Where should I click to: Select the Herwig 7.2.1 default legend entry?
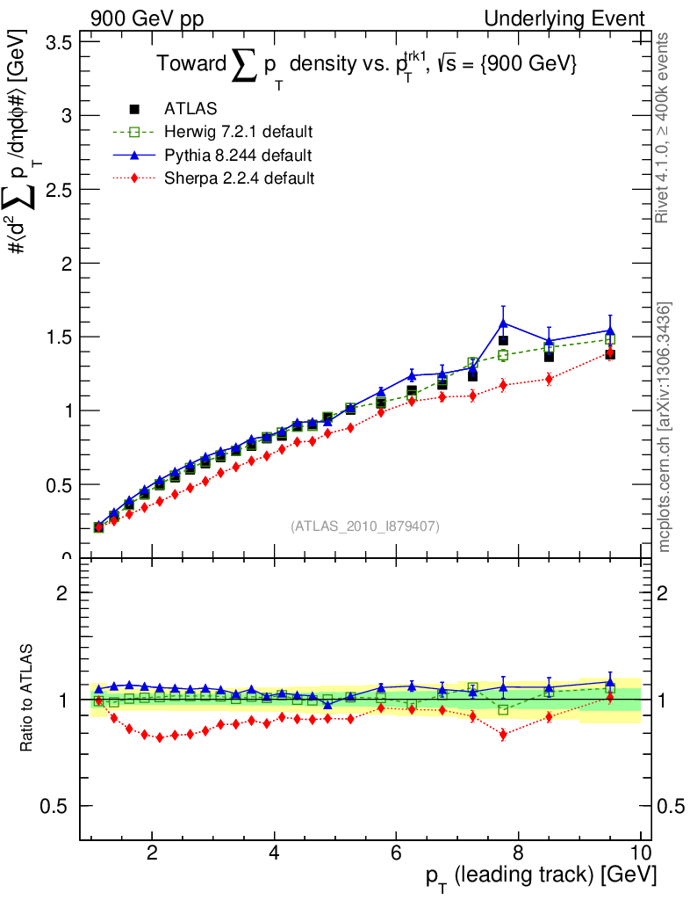[x=238, y=132]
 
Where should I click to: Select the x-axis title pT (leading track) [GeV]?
[x=541, y=876]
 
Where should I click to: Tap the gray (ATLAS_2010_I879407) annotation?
[x=365, y=526]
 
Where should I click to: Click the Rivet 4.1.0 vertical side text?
[x=664, y=127]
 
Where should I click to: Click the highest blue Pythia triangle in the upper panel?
[x=503, y=323]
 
